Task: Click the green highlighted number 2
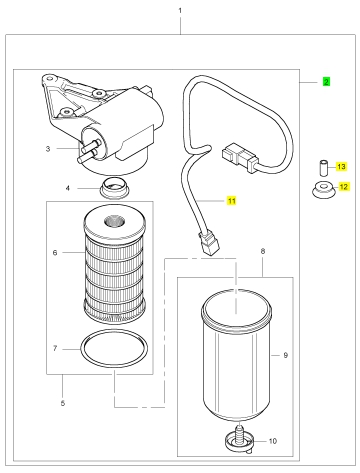(326, 82)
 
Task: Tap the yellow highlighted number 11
(231, 201)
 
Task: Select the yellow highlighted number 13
(341, 166)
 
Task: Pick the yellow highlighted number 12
(343, 187)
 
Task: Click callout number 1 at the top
(180, 11)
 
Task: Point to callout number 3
(48, 149)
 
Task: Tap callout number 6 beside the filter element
(55, 253)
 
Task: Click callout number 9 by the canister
(285, 355)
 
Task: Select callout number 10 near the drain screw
(273, 441)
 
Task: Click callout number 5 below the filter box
(63, 403)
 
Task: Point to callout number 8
(263, 251)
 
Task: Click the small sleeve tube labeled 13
(323, 168)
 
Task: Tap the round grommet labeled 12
(323, 191)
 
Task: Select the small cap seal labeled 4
(114, 188)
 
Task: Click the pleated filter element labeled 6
(114, 267)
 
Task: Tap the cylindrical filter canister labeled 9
(236, 353)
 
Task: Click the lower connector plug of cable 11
(209, 243)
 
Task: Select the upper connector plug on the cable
(240, 158)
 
